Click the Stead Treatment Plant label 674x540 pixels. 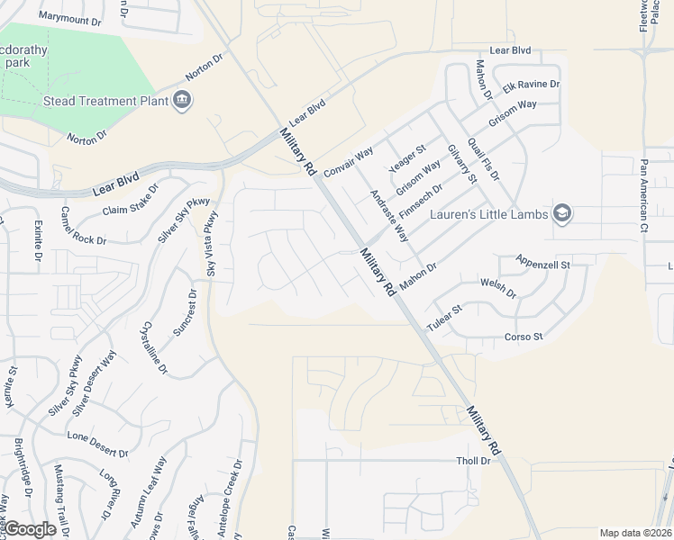[x=106, y=101]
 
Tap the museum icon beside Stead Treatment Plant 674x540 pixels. [x=183, y=100]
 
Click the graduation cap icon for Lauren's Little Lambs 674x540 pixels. [x=563, y=213]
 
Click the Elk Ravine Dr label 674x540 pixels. [x=532, y=85]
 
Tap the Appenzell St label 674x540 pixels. [x=544, y=263]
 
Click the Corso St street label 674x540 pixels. [x=523, y=337]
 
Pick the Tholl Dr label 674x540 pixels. [x=472, y=460]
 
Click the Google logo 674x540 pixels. [x=30, y=530]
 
